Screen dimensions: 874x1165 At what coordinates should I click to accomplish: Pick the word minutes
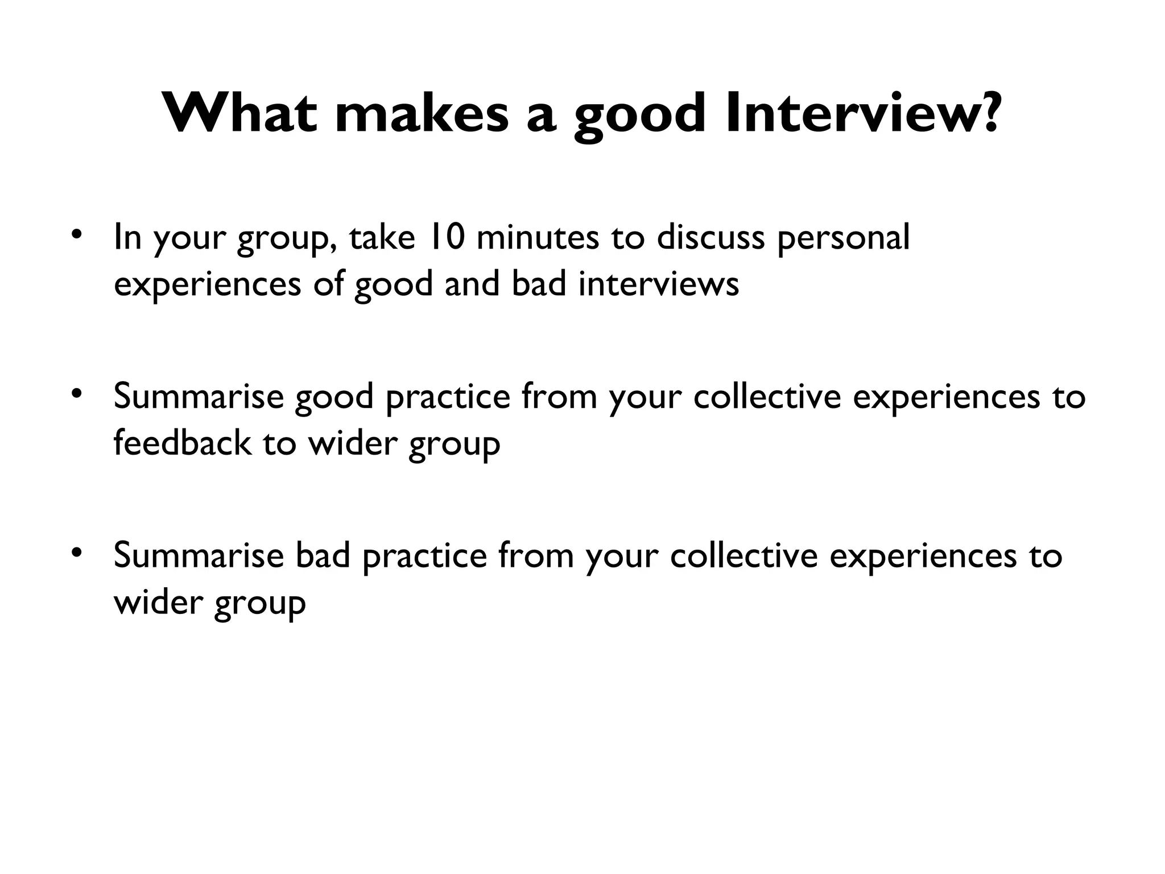(x=538, y=237)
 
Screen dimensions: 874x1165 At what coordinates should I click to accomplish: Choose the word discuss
(x=710, y=237)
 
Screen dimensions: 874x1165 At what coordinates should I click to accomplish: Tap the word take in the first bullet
(x=382, y=237)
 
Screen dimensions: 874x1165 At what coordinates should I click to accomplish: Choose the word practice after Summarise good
(x=448, y=398)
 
